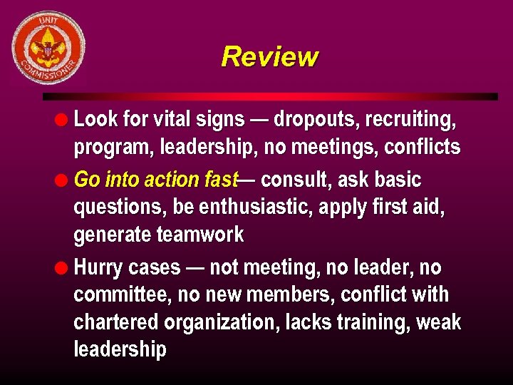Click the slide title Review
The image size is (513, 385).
269,56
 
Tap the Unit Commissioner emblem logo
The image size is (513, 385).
48,48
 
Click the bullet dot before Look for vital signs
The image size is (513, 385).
63,119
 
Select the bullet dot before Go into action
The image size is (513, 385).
63,180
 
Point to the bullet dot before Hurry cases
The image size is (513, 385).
63,267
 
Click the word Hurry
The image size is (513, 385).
99,267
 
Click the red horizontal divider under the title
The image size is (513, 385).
270,96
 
